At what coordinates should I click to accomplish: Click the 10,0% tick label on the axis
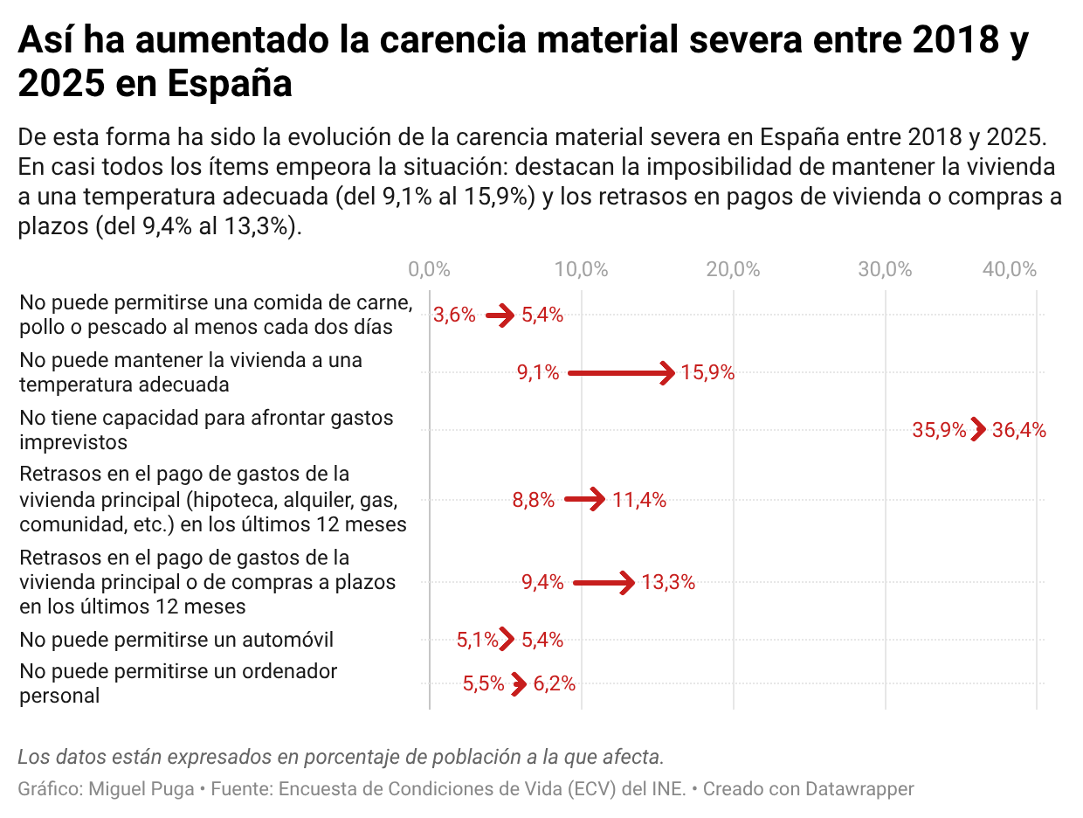pyautogui.click(x=581, y=269)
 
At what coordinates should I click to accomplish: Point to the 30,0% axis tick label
pyautogui.click(x=884, y=269)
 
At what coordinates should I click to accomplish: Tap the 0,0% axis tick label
pyautogui.click(x=429, y=269)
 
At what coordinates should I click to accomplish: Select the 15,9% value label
pyautogui.click(x=707, y=372)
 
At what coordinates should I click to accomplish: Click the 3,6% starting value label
pyautogui.click(x=454, y=315)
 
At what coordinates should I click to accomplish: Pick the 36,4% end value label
pyautogui.click(x=1019, y=429)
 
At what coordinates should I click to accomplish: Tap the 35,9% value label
pyautogui.click(x=939, y=429)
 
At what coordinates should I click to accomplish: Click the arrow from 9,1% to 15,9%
pyautogui.click(x=621, y=372)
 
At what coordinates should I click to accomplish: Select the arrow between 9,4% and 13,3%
pyautogui.click(x=604, y=583)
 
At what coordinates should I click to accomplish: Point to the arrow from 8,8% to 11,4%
pyautogui.click(x=584, y=499)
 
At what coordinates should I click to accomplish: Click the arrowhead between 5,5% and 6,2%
pyautogui.click(x=519, y=683)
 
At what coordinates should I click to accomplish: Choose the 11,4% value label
pyautogui.click(x=639, y=500)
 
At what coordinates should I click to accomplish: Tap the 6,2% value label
pyautogui.click(x=554, y=683)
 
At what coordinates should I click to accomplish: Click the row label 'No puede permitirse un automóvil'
pyautogui.click(x=176, y=640)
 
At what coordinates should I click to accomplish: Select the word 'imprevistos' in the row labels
pyautogui.click(x=73, y=442)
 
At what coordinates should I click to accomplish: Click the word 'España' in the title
pyautogui.click(x=230, y=83)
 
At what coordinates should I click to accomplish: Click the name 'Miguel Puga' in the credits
pyautogui.click(x=141, y=788)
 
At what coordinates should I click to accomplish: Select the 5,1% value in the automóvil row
pyautogui.click(x=477, y=640)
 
